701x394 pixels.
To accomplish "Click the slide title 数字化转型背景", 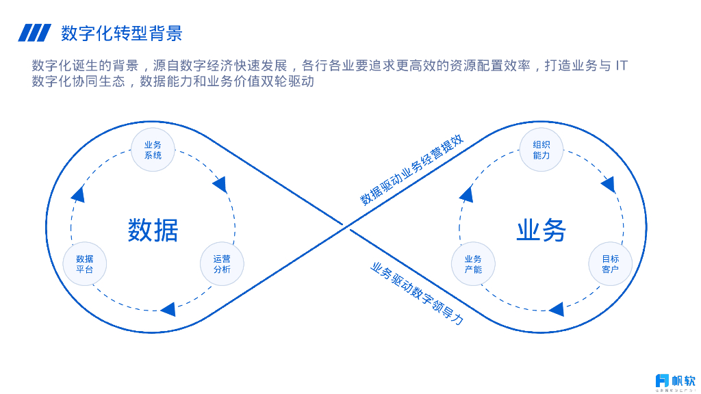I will (121, 33).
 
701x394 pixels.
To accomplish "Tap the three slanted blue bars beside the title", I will (34, 33).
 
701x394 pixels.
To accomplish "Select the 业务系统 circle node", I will (153, 150).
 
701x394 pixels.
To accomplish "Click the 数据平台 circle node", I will (85, 264).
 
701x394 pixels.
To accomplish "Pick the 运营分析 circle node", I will (222, 264).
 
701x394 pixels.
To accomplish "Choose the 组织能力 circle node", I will (541, 150).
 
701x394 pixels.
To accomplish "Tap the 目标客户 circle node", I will (610, 264).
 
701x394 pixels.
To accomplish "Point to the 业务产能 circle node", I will (473, 264).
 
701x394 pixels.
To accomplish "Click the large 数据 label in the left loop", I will (153, 231).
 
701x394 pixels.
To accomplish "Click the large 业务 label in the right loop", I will (541, 231).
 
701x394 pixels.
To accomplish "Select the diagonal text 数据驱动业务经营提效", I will (412, 170).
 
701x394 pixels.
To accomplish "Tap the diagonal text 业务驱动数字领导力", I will (417, 293).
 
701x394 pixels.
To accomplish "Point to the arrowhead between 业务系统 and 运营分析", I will (220, 184).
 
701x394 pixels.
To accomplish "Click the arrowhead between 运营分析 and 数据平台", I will (168, 309).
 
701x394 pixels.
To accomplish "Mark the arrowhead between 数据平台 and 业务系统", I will (78, 194).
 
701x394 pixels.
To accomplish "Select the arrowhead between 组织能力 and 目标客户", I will (608, 184).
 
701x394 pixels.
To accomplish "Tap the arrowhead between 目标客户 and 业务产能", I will (557, 309).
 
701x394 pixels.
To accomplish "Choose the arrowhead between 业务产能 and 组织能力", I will (467, 194).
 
